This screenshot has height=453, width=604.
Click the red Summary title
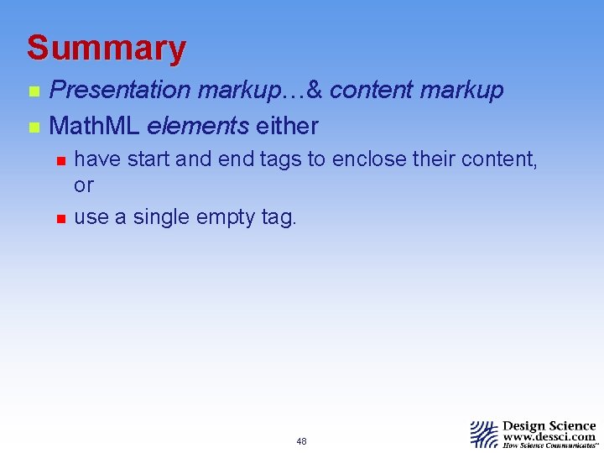tap(106, 48)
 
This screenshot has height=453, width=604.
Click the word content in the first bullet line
tap(371, 91)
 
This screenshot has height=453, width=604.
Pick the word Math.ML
tap(95, 127)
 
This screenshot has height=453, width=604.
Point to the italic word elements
tap(197, 127)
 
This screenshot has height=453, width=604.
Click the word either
tap(287, 127)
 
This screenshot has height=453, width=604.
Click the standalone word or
tap(84, 185)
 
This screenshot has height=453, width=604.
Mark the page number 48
tap(301, 441)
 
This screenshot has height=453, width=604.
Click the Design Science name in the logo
tap(549, 426)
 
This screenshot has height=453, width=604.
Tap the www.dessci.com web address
tap(549, 436)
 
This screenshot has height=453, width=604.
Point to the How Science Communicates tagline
tap(549, 445)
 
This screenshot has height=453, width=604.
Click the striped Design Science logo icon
tap(484, 434)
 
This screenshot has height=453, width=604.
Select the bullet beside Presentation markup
tap(33, 91)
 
